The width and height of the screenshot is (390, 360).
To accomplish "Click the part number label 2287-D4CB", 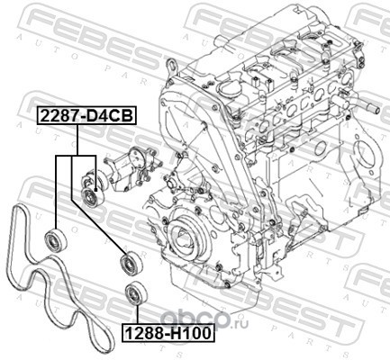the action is pyautogui.click(x=86, y=116).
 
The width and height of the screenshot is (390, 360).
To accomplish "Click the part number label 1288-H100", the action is pyautogui.click(x=168, y=333).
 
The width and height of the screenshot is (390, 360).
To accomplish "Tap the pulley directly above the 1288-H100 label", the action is pyautogui.click(x=137, y=293).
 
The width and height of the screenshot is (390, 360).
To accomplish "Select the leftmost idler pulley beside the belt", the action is pyautogui.click(x=56, y=239).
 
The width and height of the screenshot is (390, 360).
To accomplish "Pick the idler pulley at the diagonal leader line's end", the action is pyautogui.click(x=132, y=265).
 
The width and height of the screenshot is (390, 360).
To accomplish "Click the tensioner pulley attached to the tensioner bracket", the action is pyautogui.click(x=93, y=196).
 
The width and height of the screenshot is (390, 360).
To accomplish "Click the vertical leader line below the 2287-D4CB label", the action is pyautogui.click(x=77, y=140).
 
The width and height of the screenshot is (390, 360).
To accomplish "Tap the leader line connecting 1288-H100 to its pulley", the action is pyautogui.click(x=137, y=315).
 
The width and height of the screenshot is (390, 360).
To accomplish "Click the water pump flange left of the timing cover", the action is pyautogui.click(x=172, y=183).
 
